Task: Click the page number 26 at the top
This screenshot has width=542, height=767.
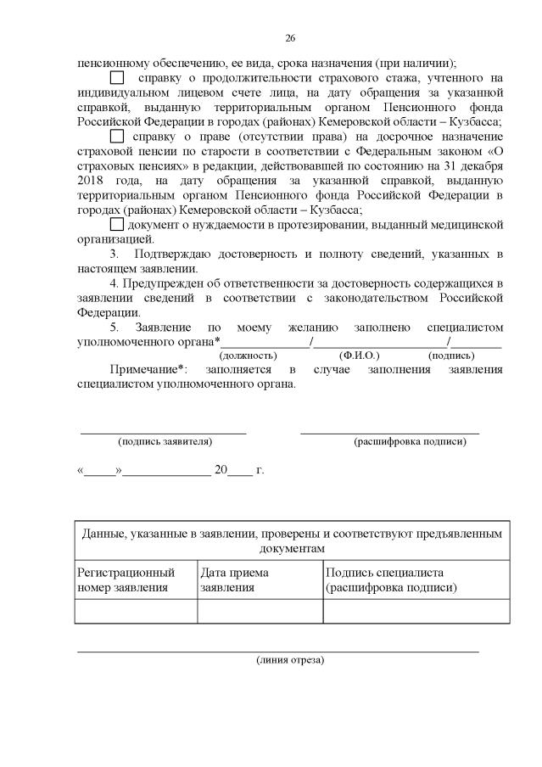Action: [x=289, y=38]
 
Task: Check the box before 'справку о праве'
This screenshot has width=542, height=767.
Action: [x=117, y=136]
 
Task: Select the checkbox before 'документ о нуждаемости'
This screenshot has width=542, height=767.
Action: [x=117, y=224]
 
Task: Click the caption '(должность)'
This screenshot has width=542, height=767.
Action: [x=248, y=356]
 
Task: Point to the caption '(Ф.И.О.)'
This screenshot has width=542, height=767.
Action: [x=359, y=356]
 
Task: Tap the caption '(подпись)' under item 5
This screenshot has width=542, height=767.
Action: [x=451, y=356]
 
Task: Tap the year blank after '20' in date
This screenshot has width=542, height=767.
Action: [x=241, y=471]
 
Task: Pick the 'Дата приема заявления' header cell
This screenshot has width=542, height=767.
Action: [x=260, y=579]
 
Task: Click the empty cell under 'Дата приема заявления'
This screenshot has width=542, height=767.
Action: [x=260, y=611]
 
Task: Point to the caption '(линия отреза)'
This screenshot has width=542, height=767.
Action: [x=289, y=659]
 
